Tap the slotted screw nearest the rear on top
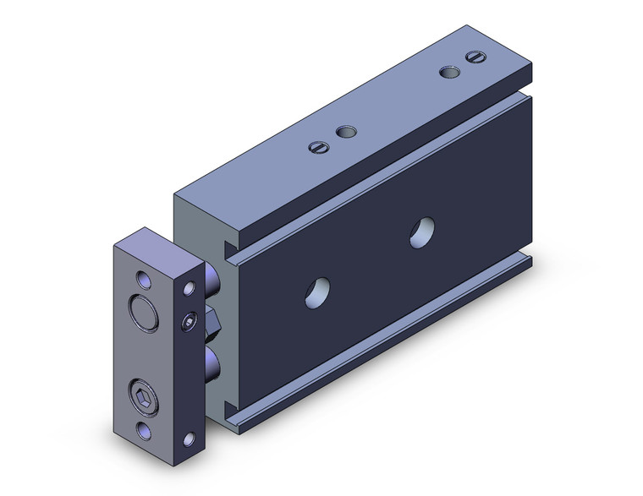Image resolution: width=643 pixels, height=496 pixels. pos(475,58)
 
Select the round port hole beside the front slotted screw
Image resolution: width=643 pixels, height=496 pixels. pos(345,133)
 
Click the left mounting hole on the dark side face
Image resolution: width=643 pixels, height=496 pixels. pos(319,290)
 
